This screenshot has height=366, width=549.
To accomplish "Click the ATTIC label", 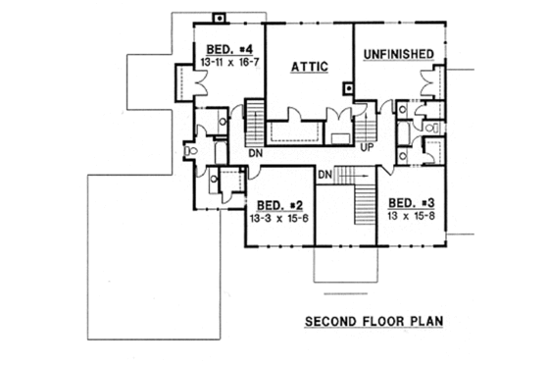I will click(x=309, y=67).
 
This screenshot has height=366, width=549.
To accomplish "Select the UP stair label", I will click(x=369, y=148).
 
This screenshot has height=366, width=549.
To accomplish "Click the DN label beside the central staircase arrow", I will click(x=327, y=174).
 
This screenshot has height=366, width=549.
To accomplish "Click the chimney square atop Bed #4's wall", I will click(x=220, y=17).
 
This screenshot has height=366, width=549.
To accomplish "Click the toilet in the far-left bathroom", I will click(x=192, y=151).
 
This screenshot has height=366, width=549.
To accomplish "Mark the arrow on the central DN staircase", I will click(x=355, y=174).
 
